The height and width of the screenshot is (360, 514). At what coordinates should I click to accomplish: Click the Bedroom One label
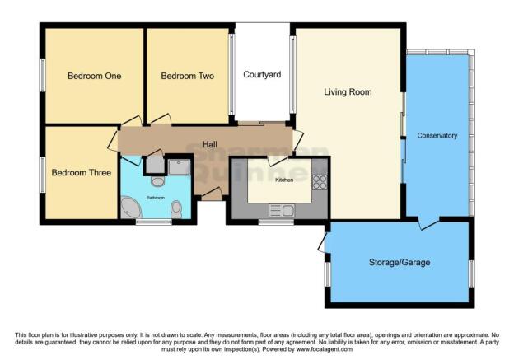[x=94, y=76]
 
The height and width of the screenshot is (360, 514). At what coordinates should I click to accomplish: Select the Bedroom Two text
[x=187, y=76]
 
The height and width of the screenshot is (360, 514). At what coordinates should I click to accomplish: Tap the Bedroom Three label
[x=81, y=173]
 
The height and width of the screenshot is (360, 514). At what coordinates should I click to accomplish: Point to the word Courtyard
[x=262, y=75]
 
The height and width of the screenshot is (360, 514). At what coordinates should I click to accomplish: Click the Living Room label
[x=347, y=92]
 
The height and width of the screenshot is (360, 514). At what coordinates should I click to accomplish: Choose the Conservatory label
[x=437, y=135]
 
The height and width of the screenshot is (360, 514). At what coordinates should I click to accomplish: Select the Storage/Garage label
[x=400, y=263]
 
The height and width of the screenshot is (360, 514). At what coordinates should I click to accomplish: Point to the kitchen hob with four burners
[x=320, y=181]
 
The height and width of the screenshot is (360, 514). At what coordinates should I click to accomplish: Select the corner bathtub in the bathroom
[x=132, y=208]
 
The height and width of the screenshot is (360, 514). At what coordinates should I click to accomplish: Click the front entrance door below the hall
[x=210, y=195]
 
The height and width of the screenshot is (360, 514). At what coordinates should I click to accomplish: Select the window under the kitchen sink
[x=276, y=221]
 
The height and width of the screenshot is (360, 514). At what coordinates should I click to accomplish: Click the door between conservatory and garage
[x=426, y=223]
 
